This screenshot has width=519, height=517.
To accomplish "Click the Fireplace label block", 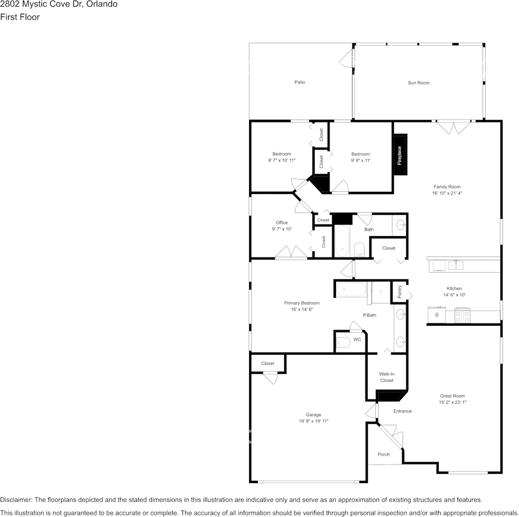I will coord(400,156).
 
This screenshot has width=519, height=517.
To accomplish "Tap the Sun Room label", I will coord(418,83).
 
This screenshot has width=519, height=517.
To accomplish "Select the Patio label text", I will coord(299,83).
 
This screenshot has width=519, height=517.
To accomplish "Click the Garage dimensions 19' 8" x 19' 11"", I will coord(314,421).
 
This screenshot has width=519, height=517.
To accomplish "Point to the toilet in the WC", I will coord(343,343).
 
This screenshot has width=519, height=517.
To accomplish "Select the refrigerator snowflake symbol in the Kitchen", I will coord(437,315).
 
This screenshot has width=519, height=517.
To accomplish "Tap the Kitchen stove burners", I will coord(463,315).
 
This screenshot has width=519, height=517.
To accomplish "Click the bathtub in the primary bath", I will coord(351,289).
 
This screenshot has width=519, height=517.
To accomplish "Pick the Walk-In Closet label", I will coord(387,377).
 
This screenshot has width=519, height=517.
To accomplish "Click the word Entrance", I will coord(403,411).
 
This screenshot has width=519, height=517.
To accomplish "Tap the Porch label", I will coord(384,454).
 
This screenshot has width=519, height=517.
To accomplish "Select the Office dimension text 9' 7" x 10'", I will coord(282,229).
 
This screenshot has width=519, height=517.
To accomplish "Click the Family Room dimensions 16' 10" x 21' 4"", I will coord(447,193).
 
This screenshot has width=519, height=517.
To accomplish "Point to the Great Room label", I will coord(452,396).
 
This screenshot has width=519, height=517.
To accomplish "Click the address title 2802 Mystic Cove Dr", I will coord(58,4).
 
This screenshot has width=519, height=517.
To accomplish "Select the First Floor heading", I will coord(20,17).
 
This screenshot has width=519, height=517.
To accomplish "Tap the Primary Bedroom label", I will coord(302,303).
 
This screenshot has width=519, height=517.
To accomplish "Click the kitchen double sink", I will coord(456,266).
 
